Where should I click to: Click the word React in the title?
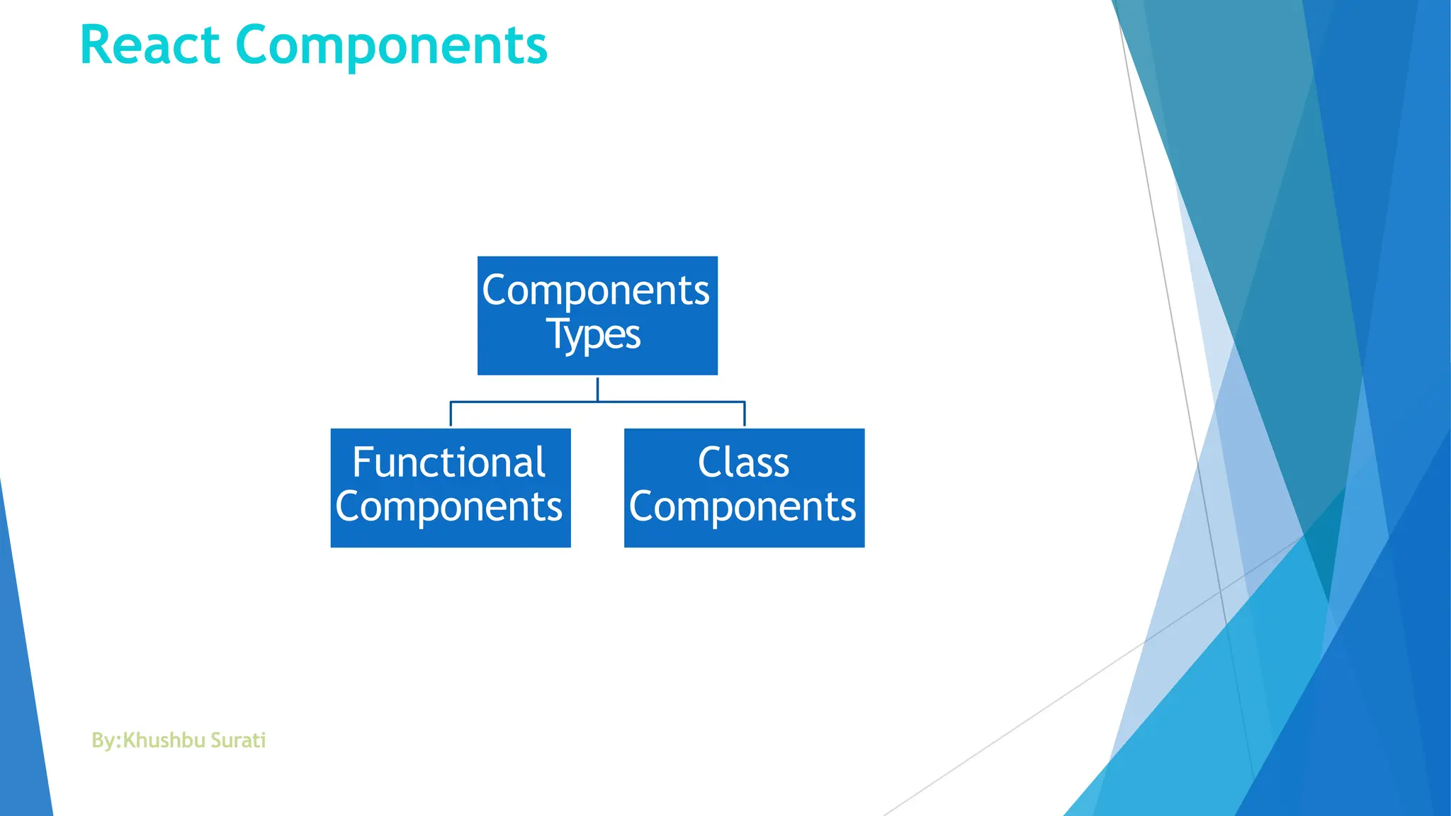149,45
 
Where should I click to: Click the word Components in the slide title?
391,47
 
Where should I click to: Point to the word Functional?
449,463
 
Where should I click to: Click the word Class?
743,463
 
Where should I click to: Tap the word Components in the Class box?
743,507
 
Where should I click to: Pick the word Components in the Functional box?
449,507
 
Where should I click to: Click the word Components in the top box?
596,290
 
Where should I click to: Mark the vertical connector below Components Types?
597,388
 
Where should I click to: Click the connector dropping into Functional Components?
451,414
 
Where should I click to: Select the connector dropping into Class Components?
745,414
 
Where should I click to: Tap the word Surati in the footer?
239,740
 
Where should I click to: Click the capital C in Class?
710,463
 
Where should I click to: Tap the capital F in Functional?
362,463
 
